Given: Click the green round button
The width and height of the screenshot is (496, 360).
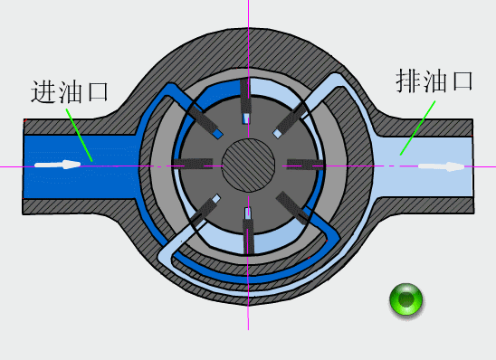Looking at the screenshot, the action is [x=405, y=299].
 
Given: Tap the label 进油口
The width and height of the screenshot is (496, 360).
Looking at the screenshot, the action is [x=70, y=91].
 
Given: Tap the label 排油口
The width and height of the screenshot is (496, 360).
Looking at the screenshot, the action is [x=434, y=81].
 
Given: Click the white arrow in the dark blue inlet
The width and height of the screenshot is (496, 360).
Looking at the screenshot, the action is [x=58, y=165].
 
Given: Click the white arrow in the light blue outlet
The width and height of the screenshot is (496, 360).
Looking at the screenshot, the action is [x=442, y=166].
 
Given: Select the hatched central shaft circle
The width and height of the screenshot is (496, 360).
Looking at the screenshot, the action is [x=248, y=166].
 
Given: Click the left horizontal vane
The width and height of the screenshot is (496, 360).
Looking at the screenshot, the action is [x=193, y=164].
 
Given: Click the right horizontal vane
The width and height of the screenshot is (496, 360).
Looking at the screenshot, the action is [x=305, y=165].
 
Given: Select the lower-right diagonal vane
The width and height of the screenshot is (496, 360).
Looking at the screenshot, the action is [x=292, y=208].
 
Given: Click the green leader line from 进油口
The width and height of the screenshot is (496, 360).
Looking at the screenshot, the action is [x=79, y=136].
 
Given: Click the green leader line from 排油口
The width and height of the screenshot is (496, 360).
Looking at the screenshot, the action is [x=417, y=128].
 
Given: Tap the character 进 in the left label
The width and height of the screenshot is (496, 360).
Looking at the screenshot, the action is [x=43, y=91].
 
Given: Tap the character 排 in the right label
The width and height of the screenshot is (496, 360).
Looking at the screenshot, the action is [x=408, y=81].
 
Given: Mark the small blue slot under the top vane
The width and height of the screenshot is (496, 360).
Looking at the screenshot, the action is [x=246, y=118].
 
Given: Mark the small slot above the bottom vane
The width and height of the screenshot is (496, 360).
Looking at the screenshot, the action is [x=248, y=213].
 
